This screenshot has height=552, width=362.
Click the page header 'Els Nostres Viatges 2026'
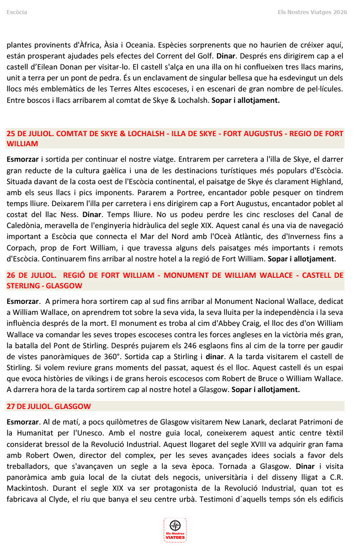(x=312, y=12)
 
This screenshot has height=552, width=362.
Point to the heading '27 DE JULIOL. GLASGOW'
(x=48, y=406)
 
